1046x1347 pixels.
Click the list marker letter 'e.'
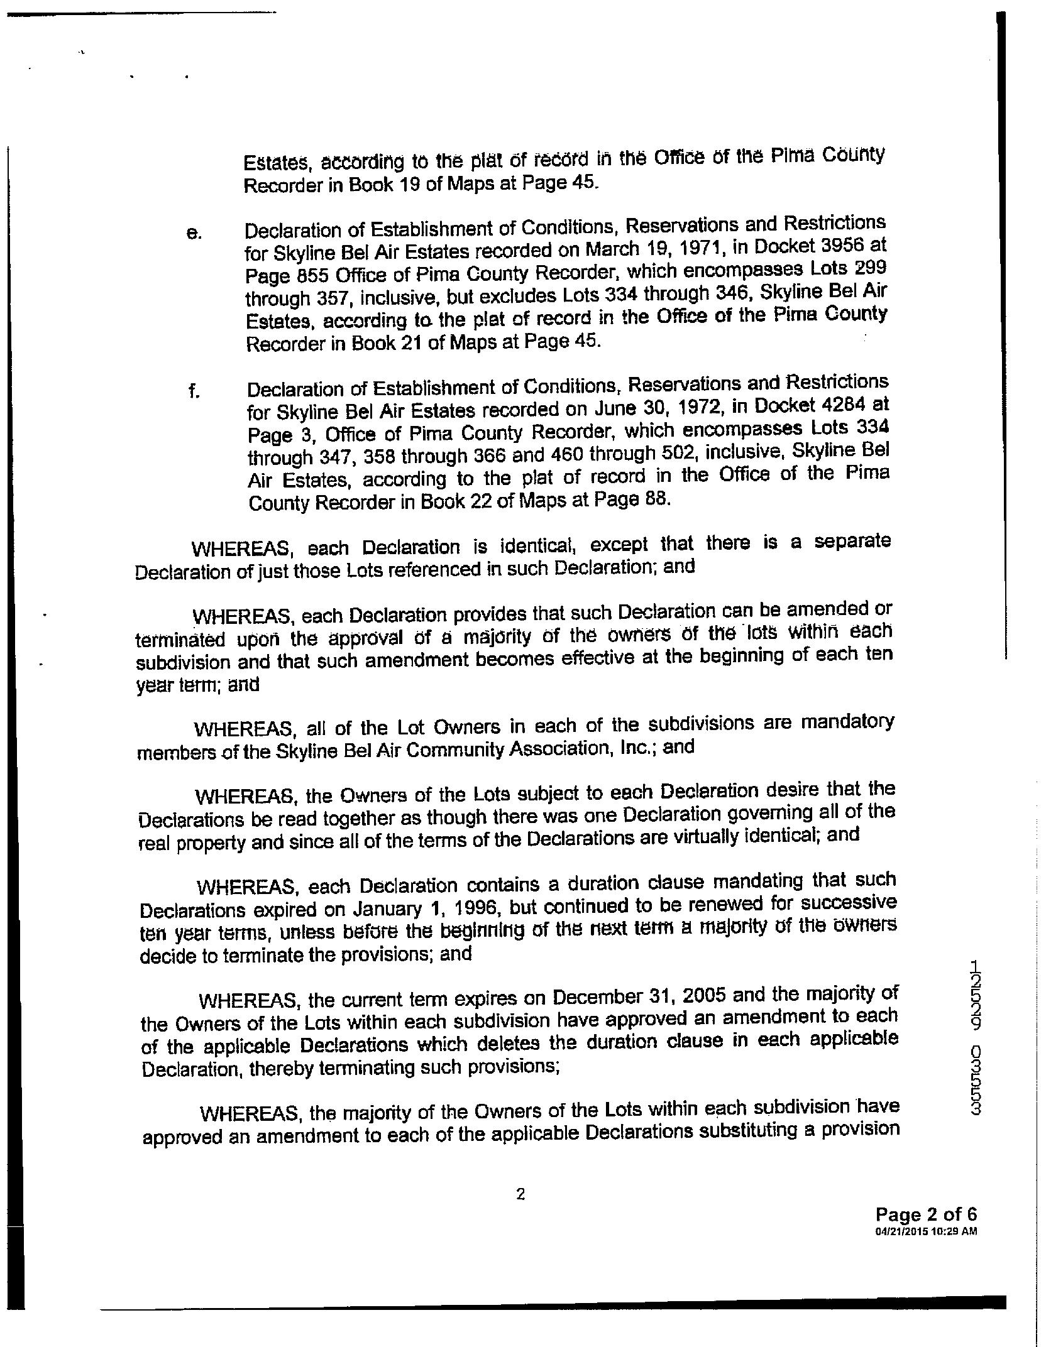click(194, 234)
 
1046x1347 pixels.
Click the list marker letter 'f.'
click(193, 392)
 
